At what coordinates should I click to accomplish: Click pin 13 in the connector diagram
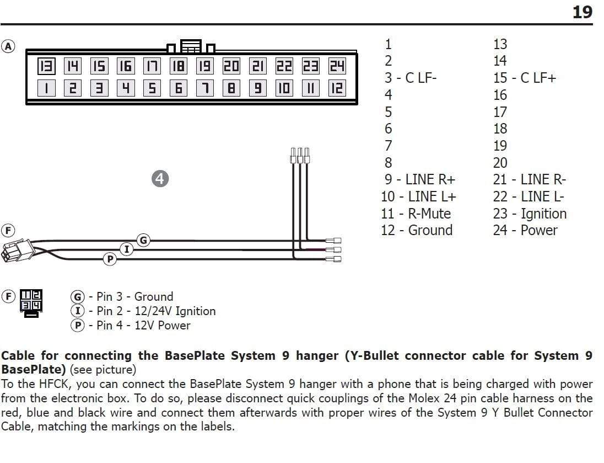(x=46, y=67)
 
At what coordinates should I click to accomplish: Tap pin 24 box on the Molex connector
(x=337, y=67)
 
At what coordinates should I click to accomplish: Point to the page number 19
(x=582, y=12)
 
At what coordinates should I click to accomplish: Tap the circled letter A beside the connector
(x=9, y=46)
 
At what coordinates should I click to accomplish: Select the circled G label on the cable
(x=143, y=240)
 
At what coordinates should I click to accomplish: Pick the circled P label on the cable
(x=110, y=258)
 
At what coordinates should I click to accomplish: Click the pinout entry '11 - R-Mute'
(x=416, y=214)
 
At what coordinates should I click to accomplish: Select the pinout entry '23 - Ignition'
(x=530, y=214)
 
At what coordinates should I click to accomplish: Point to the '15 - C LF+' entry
(x=525, y=78)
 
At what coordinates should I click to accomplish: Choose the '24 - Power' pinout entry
(x=525, y=230)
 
